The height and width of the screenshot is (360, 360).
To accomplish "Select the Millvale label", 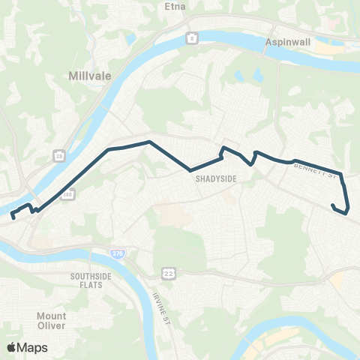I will [88, 76].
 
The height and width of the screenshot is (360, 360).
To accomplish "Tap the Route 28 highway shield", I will [58, 156].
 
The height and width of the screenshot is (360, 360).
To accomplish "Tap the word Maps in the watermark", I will [33, 347].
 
